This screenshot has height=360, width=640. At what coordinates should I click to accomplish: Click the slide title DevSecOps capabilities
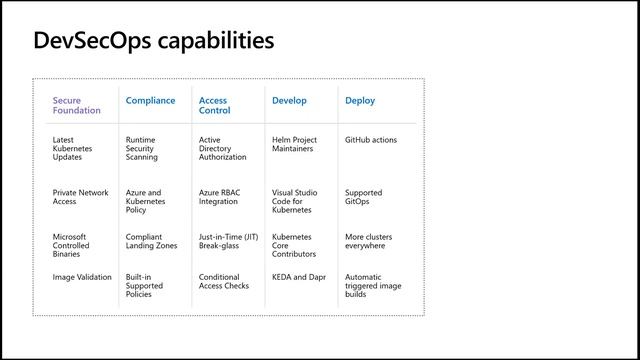point(153,41)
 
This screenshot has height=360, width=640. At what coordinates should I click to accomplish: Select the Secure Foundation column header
point(76,105)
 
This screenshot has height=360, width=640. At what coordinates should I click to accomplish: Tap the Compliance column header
point(150,101)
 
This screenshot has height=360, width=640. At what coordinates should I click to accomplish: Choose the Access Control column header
point(213,105)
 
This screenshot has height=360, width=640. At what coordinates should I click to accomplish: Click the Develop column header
point(289,101)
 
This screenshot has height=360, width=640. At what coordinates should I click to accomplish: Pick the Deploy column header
point(360,101)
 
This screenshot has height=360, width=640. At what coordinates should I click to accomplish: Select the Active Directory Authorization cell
point(222,148)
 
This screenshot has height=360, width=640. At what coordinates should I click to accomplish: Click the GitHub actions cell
point(370,140)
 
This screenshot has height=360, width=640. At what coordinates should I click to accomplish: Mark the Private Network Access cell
point(80,197)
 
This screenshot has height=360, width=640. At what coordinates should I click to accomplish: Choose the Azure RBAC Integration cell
point(218,197)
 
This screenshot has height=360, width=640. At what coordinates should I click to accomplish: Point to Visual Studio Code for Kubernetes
point(291,201)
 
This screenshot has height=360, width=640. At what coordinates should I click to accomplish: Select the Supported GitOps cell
point(363,197)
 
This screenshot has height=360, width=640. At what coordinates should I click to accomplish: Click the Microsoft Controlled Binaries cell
point(72,245)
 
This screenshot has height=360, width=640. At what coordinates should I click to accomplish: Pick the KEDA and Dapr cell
point(297,277)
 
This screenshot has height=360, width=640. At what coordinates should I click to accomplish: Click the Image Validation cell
point(82,277)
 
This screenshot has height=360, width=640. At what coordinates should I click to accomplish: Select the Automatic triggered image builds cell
point(373,285)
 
